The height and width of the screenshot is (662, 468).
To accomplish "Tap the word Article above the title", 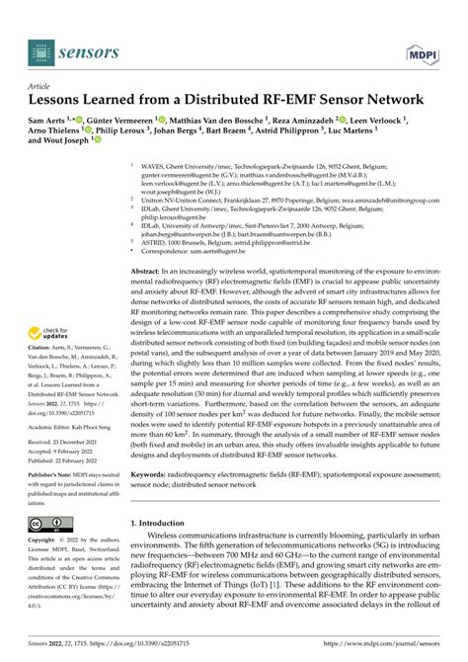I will (39, 86).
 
